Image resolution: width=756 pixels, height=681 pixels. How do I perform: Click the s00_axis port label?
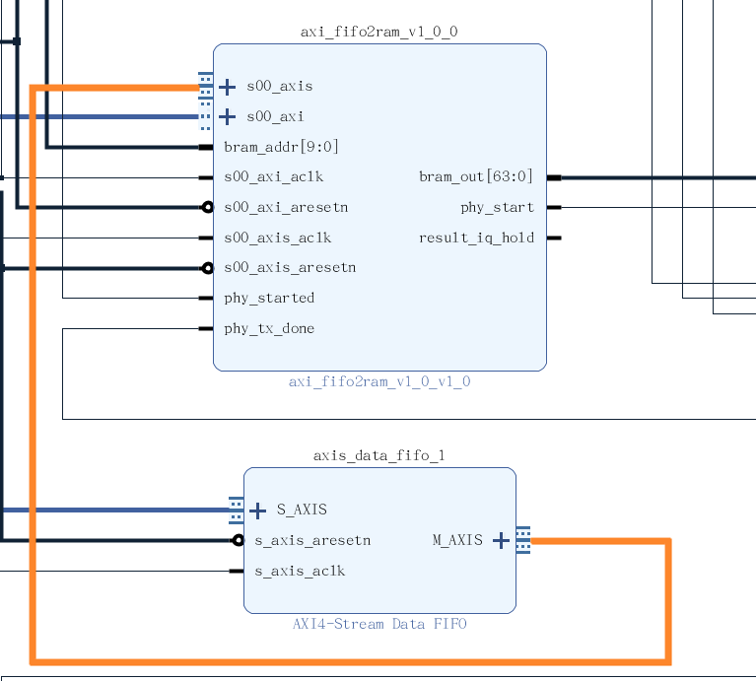[x=280, y=87]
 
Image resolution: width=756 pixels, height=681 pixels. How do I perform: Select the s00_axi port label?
[x=275, y=117]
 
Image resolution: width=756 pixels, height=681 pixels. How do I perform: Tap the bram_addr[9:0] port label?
[x=281, y=147]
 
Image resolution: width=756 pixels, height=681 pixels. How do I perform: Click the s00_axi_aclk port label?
[x=273, y=177]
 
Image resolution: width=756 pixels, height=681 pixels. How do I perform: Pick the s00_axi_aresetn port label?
[x=285, y=208]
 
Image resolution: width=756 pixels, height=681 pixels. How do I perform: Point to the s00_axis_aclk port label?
[x=277, y=238]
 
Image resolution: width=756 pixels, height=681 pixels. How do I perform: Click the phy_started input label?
[x=269, y=298]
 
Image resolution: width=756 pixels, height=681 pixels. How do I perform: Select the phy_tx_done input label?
[x=269, y=328]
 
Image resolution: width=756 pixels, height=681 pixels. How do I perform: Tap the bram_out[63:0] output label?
[x=476, y=177]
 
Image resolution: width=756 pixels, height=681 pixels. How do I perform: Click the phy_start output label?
[x=497, y=208]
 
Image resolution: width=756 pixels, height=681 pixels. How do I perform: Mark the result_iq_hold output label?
[x=476, y=238]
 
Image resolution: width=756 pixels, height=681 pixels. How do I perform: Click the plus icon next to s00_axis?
[x=227, y=87]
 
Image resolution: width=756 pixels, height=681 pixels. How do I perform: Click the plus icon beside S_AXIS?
[x=258, y=511]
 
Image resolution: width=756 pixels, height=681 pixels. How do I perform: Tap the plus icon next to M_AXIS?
[x=501, y=540]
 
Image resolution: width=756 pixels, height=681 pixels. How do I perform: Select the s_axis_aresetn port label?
[x=312, y=540]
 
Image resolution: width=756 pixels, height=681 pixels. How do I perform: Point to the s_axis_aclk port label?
[x=300, y=571]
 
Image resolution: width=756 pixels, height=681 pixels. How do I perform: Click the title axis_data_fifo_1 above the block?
[x=379, y=455]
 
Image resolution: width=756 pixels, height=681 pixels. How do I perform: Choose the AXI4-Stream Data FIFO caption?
[x=379, y=624]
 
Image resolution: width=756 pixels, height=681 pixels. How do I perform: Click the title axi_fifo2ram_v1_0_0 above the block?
[x=379, y=32]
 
